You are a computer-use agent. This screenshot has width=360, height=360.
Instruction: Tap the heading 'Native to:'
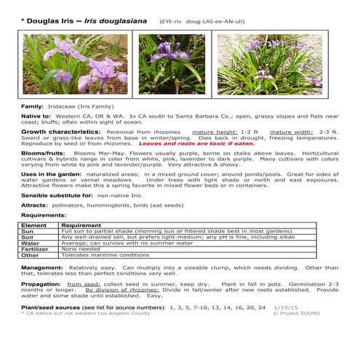[36, 116]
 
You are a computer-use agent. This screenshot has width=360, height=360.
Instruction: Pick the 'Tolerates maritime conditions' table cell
[105, 255]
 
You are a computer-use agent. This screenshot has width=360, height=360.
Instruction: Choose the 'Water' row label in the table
[30, 243]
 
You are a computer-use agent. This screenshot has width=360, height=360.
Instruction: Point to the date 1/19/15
[287, 308]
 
